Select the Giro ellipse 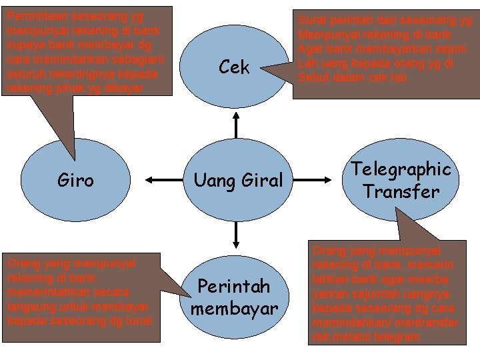75,179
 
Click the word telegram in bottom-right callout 397,337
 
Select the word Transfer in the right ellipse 401,192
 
